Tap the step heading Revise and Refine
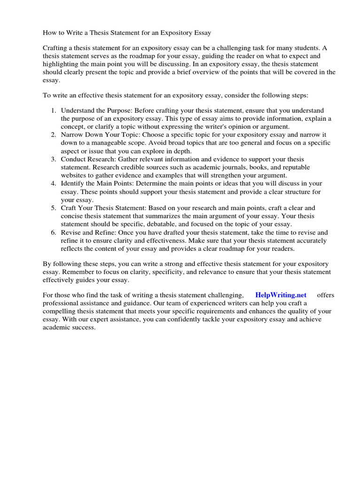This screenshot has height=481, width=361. tap(88, 233)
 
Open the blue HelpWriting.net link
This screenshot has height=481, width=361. tap(281, 295)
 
